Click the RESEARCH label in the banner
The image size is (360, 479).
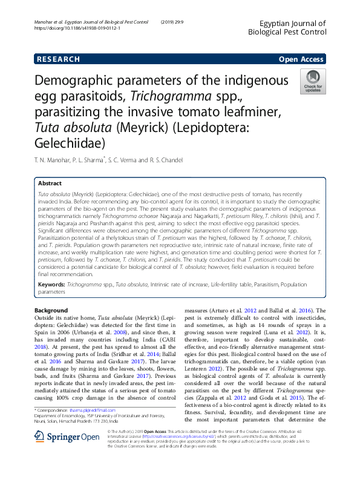[58, 59]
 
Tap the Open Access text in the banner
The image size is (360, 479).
[301, 59]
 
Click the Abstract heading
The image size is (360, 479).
[50, 183]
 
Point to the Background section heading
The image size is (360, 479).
[51, 311]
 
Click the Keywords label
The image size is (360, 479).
[51, 283]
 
